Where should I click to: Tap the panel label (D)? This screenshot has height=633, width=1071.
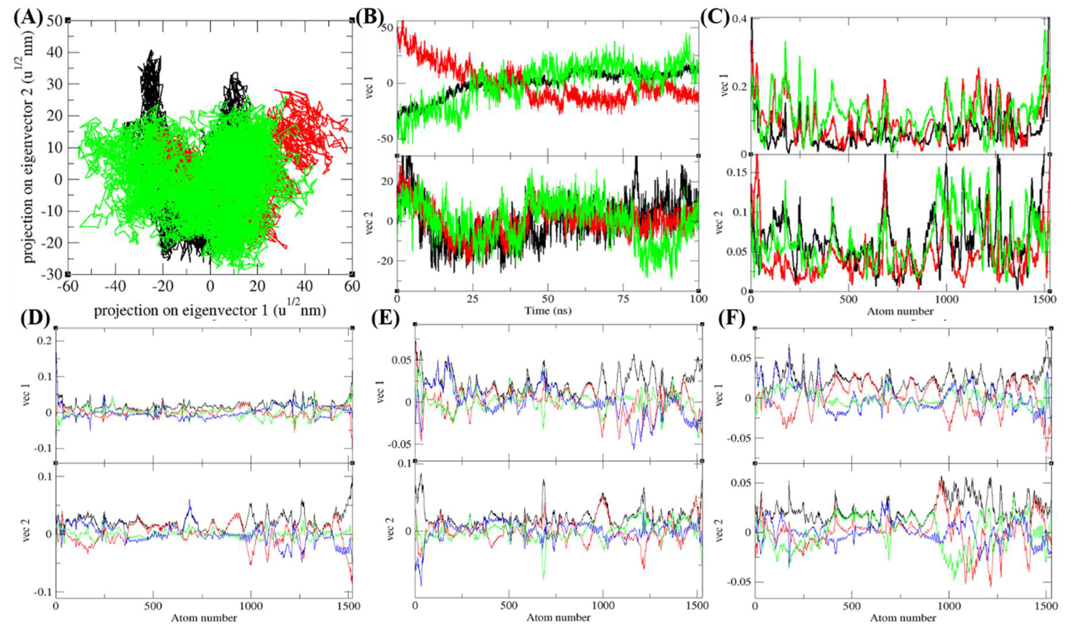click(35, 319)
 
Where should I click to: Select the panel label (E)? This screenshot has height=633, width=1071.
click(385, 319)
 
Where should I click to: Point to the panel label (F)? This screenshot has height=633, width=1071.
click(731, 319)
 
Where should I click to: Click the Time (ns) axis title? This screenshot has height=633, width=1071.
click(548, 311)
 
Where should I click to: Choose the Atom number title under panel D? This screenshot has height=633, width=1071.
click(204, 618)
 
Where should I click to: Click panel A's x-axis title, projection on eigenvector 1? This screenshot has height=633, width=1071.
click(210, 310)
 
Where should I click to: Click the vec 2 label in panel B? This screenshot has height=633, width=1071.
click(369, 222)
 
